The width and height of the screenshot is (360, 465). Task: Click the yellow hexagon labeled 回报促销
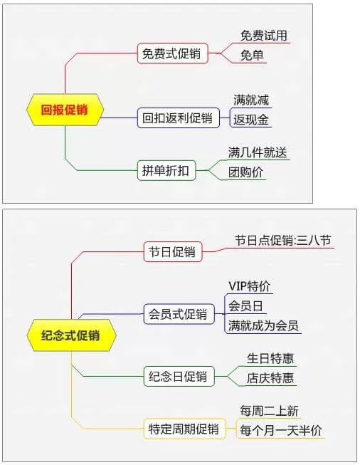(x=65, y=110)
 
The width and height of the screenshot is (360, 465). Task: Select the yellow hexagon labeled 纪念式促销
(x=71, y=335)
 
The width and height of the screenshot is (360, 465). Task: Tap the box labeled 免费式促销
(x=173, y=53)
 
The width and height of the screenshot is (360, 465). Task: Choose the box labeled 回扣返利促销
(x=179, y=117)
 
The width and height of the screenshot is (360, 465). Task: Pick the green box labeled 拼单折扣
(x=166, y=170)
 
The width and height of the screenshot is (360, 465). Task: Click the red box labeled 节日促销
(x=173, y=252)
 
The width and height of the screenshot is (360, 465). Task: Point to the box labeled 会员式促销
(x=179, y=314)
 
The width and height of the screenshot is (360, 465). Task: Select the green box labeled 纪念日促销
(x=179, y=376)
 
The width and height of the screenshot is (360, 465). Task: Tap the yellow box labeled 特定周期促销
(x=184, y=429)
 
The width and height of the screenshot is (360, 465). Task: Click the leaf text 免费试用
(x=264, y=36)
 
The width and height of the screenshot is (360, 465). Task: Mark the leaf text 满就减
(x=251, y=100)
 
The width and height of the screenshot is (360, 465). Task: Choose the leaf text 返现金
(x=251, y=120)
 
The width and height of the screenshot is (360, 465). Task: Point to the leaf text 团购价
(x=245, y=172)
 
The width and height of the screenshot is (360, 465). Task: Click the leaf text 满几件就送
(x=258, y=152)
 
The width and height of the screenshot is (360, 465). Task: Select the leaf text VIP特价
(x=249, y=286)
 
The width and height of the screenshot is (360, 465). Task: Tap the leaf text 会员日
(x=245, y=305)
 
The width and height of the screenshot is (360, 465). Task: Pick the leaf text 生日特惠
(x=270, y=358)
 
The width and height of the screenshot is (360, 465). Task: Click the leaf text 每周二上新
(x=269, y=411)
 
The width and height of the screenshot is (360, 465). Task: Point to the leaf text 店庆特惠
(x=270, y=378)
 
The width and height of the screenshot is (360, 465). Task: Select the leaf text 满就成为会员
(x=263, y=325)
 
